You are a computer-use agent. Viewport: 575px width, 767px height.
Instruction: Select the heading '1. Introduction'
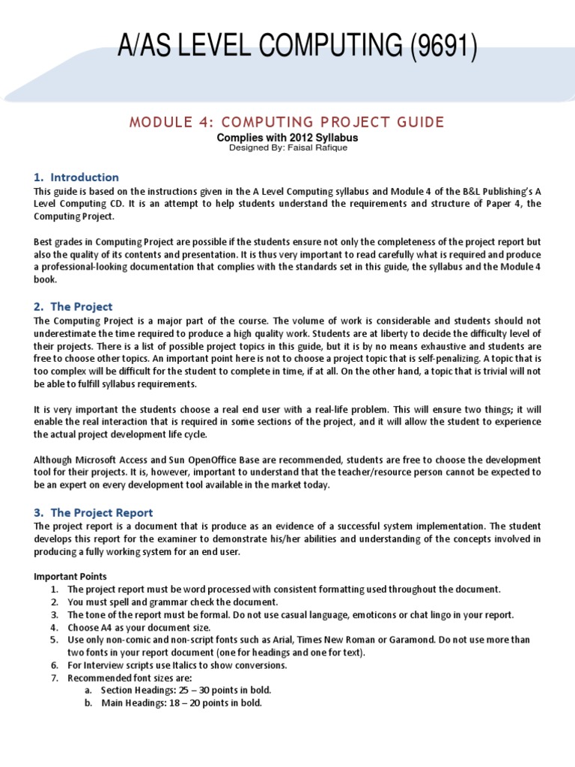click(x=76, y=178)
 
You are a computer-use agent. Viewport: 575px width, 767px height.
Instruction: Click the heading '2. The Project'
click(x=73, y=306)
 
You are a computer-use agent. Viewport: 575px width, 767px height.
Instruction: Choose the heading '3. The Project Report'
click(x=93, y=512)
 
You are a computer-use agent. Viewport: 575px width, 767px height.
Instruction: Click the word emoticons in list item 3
click(x=386, y=615)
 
